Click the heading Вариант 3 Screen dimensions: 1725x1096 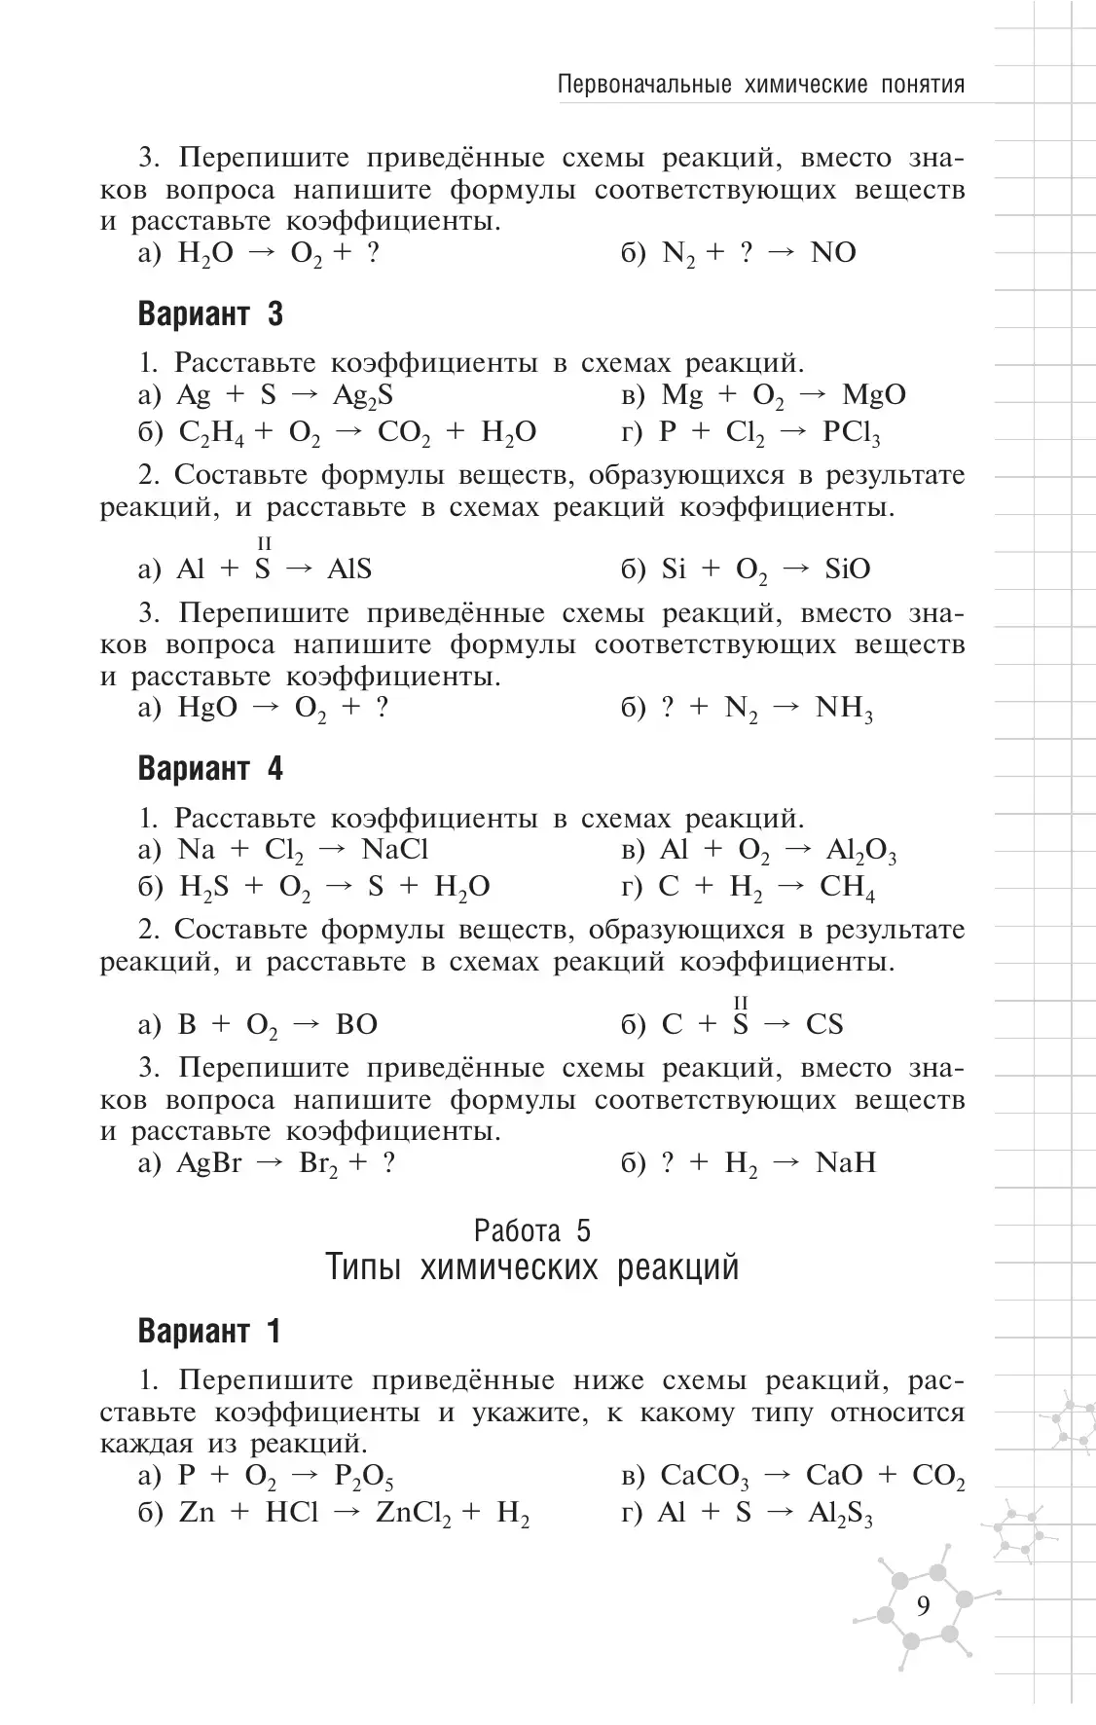tap(210, 314)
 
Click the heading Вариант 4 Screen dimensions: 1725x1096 tap(210, 769)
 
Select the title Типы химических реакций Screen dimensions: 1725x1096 tap(531, 1267)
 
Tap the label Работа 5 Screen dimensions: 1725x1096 tap(531, 1230)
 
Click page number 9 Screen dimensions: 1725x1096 tap(923, 1605)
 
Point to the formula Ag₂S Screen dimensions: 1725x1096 tap(362, 395)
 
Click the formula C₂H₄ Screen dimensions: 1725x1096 tap(212, 433)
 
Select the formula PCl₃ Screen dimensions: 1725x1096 tap(851, 433)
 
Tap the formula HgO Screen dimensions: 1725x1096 tap(206, 708)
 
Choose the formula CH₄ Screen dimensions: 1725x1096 tap(847, 888)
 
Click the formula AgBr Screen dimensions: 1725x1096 tap(208, 1163)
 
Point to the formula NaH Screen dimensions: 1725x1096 tap(845, 1162)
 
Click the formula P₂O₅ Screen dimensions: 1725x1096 tap(364, 1477)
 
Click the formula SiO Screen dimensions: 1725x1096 tap(847, 569)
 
